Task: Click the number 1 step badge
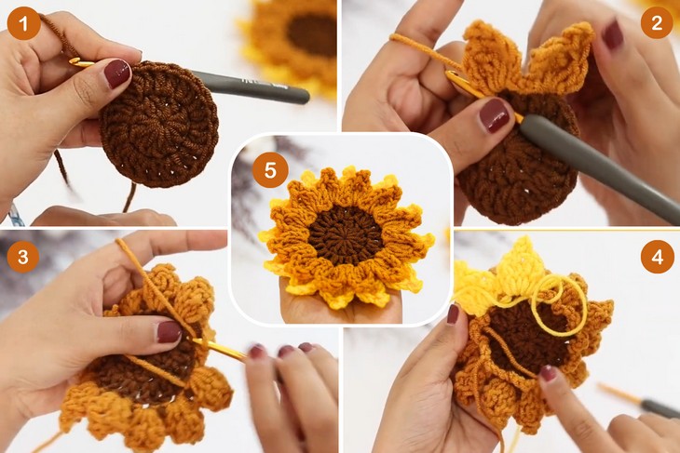[24, 23]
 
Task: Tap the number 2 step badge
[656, 23]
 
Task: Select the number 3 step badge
[22, 256]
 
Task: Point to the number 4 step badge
[657, 256]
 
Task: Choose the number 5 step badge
[270, 171]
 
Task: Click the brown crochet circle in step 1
[159, 125]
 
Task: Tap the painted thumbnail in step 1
[117, 73]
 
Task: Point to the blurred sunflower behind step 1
[298, 37]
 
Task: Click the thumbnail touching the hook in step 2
[494, 115]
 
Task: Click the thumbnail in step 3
[169, 331]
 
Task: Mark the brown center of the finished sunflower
[346, 233]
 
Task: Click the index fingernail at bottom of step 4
[548, 373]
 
